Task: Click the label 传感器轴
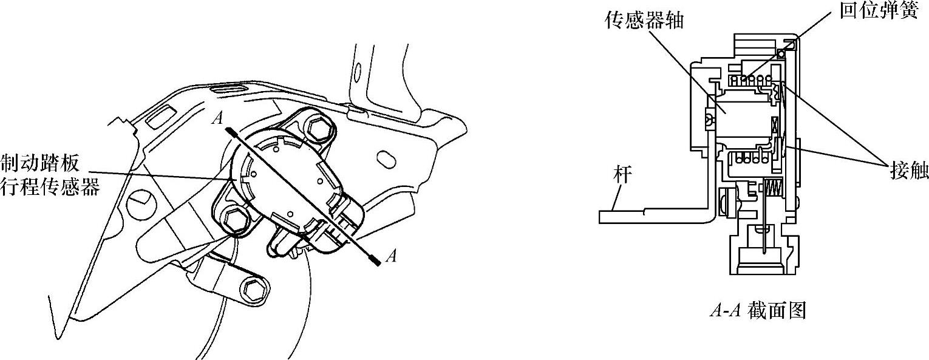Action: click(x=644, y=21)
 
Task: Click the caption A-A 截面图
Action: click(x=758, y=311)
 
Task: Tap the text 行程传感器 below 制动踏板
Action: click(x=50, y=187)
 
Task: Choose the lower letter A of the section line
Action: click(x=392, y=257)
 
